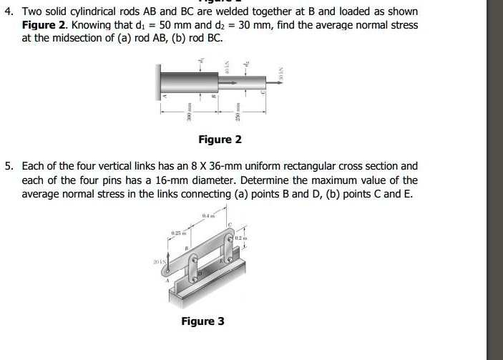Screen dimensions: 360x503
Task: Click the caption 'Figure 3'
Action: tap(202, 321)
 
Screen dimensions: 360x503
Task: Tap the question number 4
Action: tap(8, 12)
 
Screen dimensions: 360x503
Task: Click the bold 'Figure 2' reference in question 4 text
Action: tap(44, 25)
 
